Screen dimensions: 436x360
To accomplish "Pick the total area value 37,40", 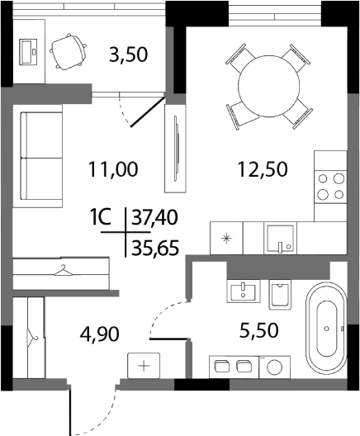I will (154, 218).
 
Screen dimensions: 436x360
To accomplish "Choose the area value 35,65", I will (154, 245).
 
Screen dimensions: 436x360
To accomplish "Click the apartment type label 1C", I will (101, 218).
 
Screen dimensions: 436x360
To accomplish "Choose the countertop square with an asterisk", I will (226, 238).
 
